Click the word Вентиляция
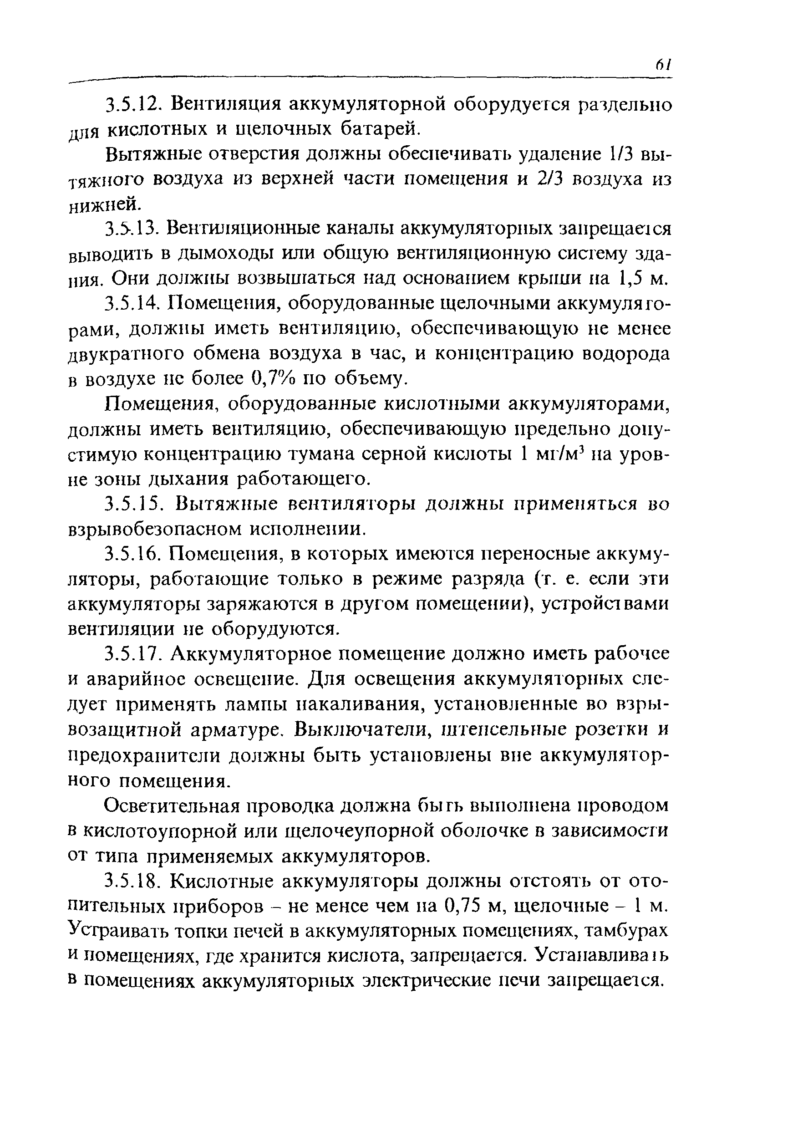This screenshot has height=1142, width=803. click(227, 105)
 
